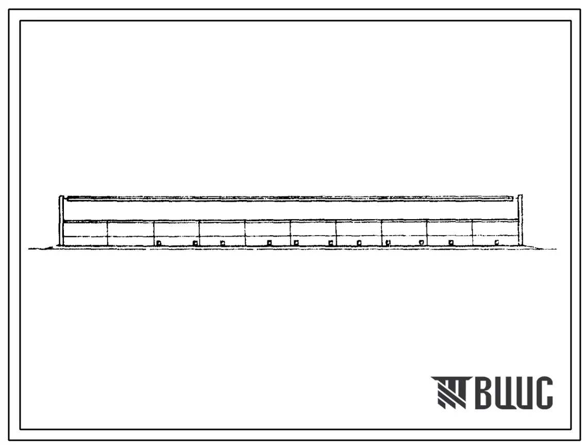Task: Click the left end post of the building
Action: pos(61,221)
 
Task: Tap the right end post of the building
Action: pos(520,220)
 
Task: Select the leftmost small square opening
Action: pos(159,243)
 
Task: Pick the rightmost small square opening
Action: pos(497,242)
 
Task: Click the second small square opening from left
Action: pos(195,243)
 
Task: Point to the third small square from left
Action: pos(222,243)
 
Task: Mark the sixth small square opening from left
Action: pos(331,243)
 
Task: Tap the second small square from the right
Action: pos(451,242)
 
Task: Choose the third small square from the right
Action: pos(422,242)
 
